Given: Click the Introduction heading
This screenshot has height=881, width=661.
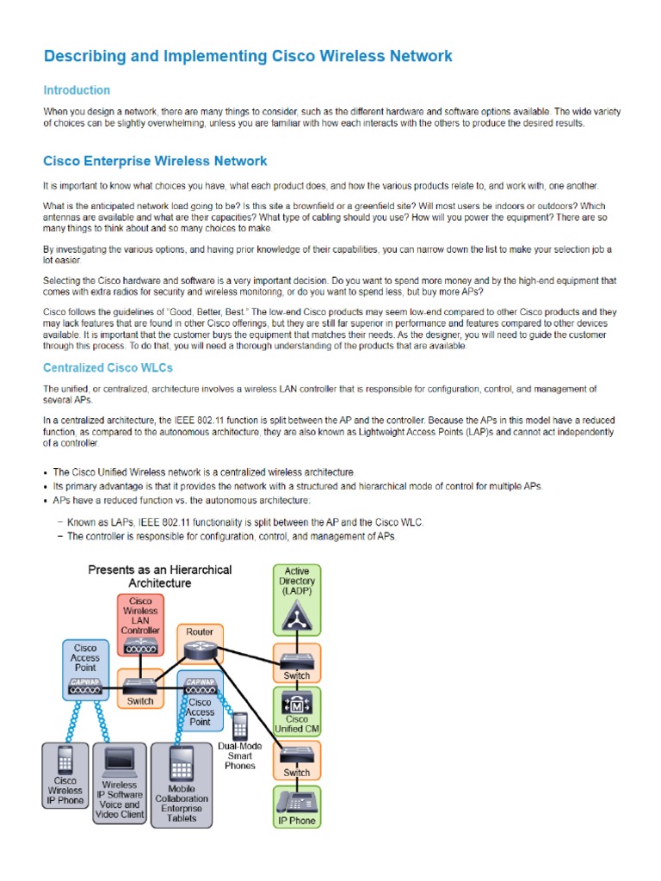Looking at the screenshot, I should [x=77, y=90].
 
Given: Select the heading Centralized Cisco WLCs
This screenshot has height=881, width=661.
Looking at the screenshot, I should [x=108, y=368].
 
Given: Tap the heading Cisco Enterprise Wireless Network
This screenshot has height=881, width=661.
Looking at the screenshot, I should [x=155, y=161].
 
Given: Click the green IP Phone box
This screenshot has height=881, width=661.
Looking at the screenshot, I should [x=296, y=806].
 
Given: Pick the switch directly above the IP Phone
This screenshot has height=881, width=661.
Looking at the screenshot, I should [x=296, y=759].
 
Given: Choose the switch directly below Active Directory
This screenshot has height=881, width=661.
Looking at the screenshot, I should [x=296, y=662].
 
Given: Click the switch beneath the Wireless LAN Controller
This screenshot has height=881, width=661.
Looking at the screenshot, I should [x=140, y=687].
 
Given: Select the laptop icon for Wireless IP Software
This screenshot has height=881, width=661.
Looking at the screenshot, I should [x=120, y=763].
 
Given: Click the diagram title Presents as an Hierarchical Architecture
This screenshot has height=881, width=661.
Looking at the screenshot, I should [x=160, y=576].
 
